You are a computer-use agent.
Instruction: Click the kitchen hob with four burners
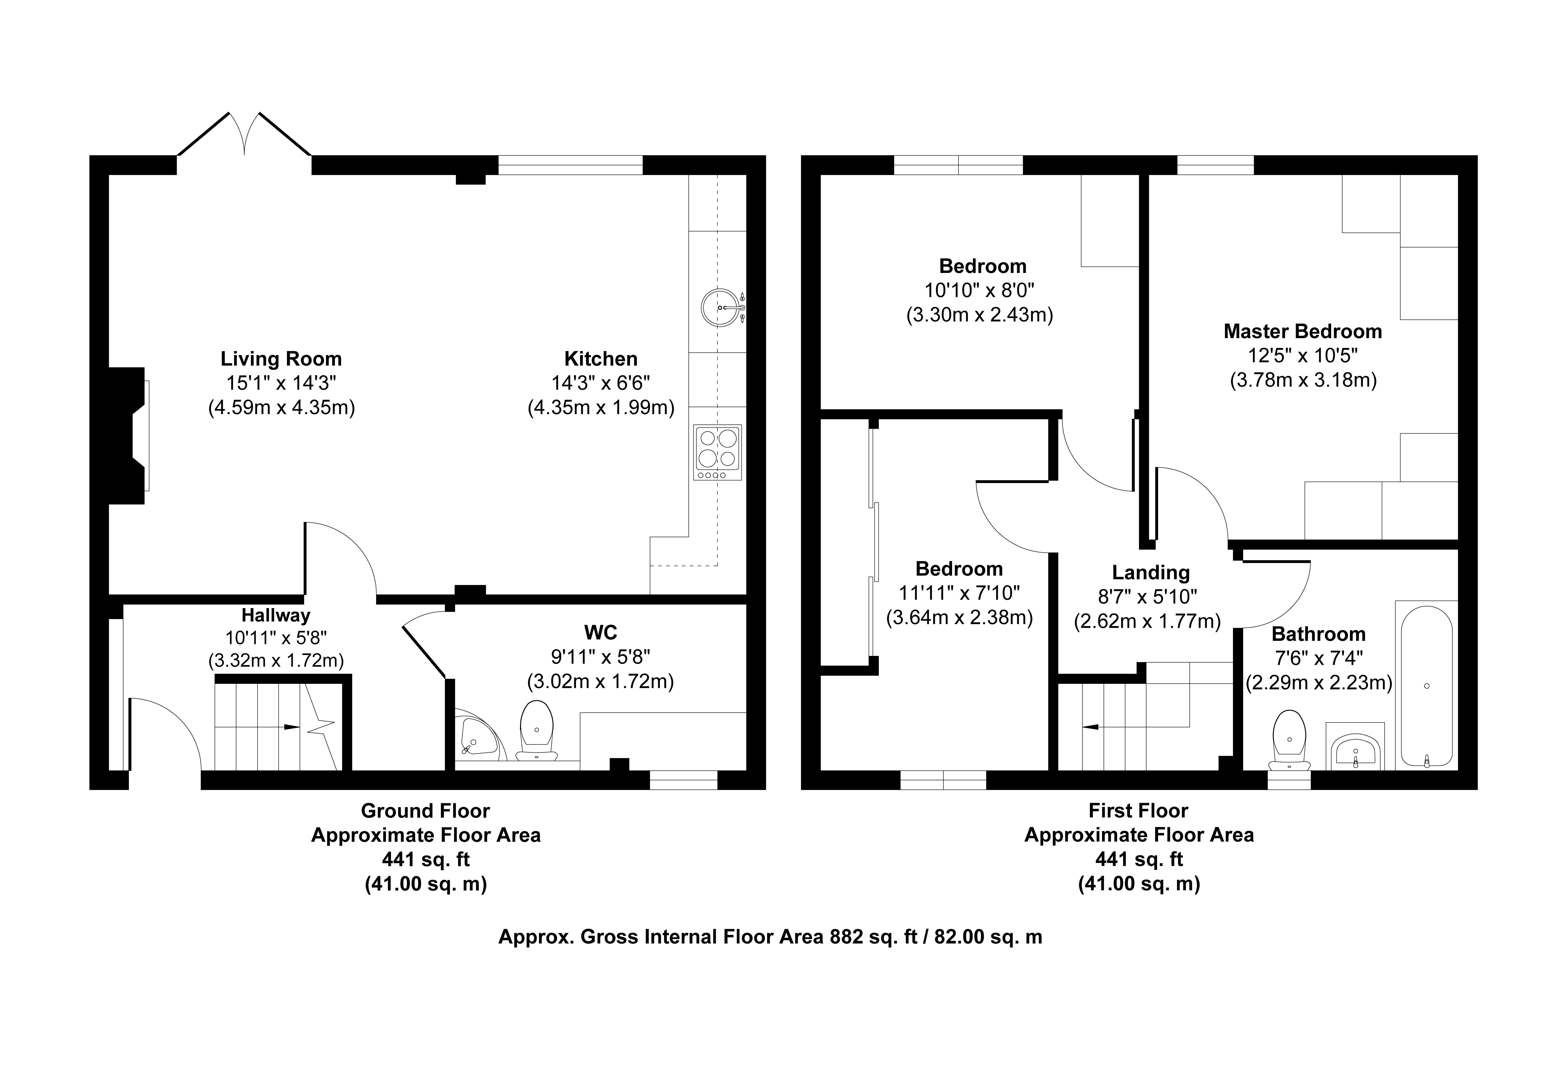tap(718, 452)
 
